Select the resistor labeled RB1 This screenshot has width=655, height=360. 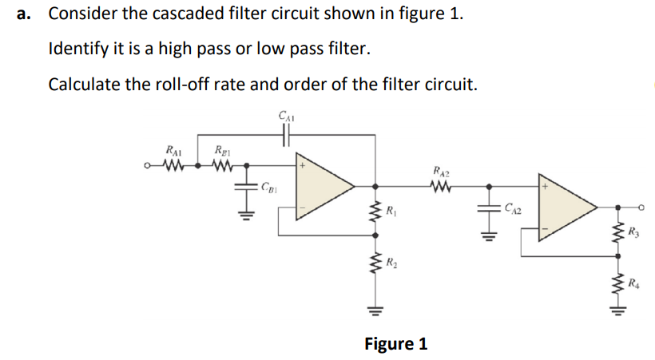coord(223,167)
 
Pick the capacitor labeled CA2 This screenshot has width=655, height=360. coord(489,209)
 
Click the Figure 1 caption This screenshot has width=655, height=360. coord(395,344)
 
